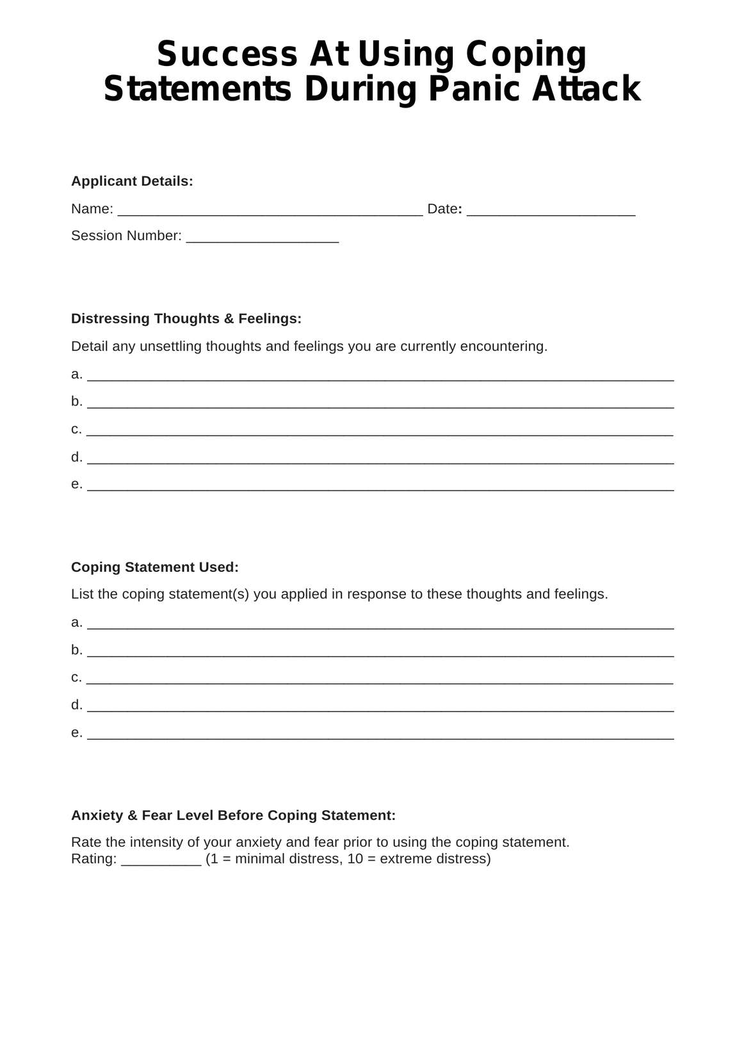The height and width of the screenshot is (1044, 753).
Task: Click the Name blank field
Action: click(270, 211)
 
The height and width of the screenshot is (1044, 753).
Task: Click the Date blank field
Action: click(551, 211)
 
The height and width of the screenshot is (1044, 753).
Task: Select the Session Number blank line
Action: click(262, 238)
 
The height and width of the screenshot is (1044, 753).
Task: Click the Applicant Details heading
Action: click(132, 181)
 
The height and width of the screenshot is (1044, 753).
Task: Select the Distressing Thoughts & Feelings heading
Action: click(186, 318)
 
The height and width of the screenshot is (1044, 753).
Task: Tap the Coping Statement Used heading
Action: click(154, 567)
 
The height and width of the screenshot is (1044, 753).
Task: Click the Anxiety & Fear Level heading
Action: click(233, 815)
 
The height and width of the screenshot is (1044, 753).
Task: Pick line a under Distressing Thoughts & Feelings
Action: click(380, 376)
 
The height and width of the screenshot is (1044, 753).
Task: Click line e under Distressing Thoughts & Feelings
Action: click(380, 486)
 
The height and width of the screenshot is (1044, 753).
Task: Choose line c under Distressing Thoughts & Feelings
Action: click(380, 431)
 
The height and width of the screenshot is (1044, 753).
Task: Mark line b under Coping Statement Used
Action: click(380, 652)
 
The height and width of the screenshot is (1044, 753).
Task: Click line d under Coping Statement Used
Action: click(380, 707)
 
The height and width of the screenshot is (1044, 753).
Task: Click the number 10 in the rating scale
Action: click(355, 859)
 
